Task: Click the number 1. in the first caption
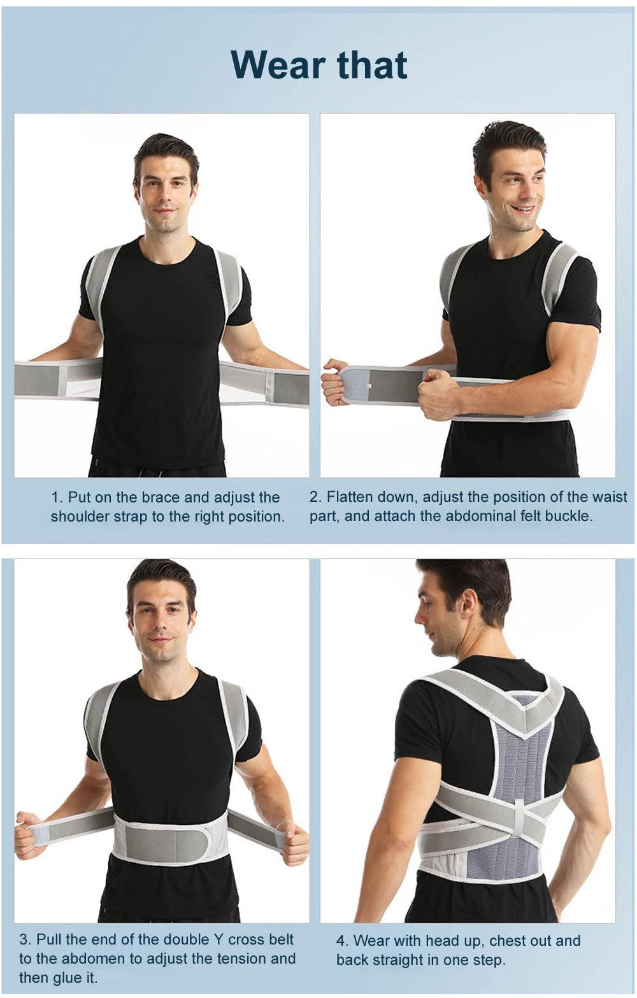click(57, 497)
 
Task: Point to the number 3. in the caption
click(25, 939)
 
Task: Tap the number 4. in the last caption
click(342, 941)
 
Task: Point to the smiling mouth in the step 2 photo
click(522, 210)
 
